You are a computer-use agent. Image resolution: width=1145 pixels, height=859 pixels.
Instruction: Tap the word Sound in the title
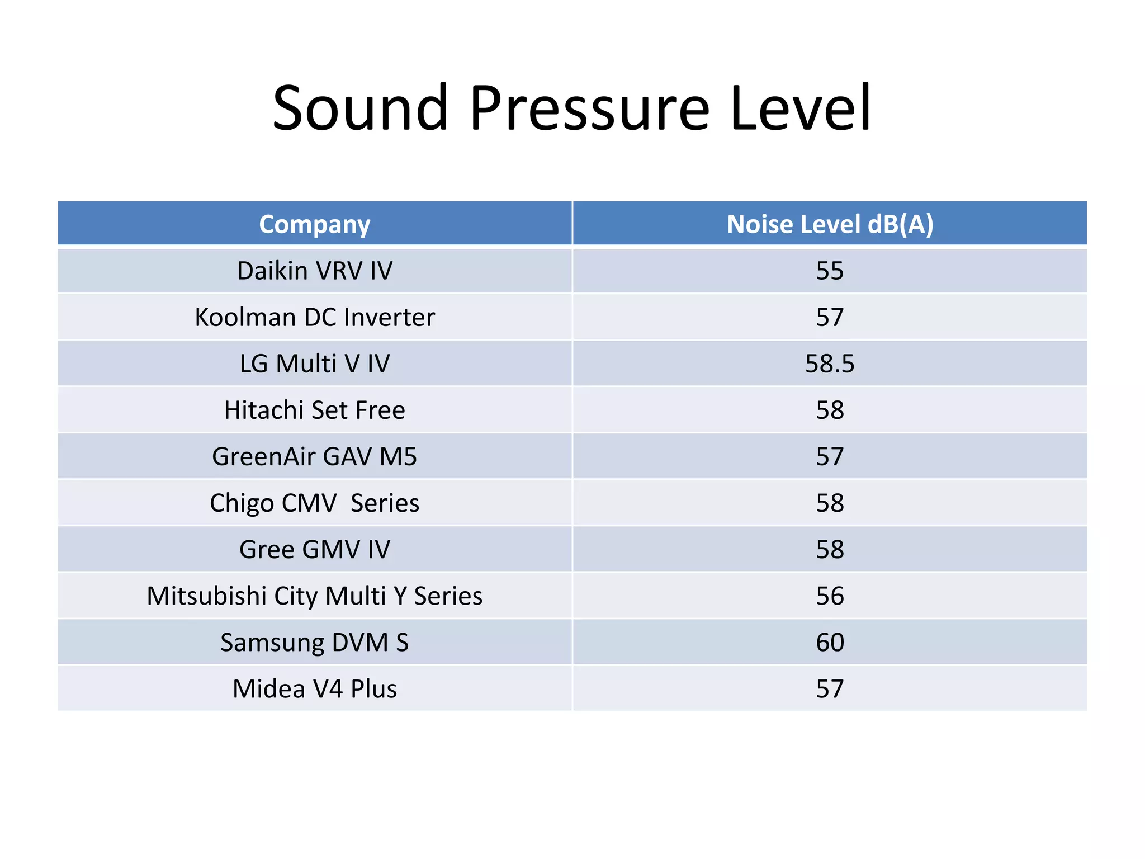point(361,108)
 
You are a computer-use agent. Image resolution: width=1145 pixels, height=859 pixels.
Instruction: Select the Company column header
point(315,224)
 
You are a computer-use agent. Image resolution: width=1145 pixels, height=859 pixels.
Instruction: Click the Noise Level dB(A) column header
point(830,224)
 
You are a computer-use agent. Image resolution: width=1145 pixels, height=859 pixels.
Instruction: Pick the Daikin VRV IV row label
point(315,271)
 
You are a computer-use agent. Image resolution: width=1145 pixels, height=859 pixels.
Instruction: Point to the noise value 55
point(830,271)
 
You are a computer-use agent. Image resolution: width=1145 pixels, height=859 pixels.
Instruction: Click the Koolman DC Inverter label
point(315,317)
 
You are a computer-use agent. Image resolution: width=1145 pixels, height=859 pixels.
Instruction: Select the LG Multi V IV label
point(315,364)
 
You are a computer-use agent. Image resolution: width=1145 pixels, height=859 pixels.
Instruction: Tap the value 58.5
point(830,364)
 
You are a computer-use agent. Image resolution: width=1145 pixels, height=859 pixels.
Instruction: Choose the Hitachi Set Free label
point(315,410)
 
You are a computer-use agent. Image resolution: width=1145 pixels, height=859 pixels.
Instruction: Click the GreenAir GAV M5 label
point(315,456)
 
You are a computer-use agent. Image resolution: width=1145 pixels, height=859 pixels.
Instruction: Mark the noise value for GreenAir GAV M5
point(830,456)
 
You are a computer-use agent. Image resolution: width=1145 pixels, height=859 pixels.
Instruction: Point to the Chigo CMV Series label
point(315,503)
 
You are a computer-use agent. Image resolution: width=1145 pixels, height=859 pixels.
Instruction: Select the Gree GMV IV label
point(315,549)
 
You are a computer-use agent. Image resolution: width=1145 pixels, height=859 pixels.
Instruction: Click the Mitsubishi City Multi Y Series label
point(315,596)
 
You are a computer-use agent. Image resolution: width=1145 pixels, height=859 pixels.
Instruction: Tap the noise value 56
point(830,596)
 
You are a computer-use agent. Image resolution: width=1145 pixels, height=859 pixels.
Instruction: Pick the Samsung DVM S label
point(315,642)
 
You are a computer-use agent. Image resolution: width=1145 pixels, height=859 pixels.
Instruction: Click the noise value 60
point(830,642)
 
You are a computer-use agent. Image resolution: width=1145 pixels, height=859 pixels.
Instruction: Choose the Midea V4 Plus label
point(315,688)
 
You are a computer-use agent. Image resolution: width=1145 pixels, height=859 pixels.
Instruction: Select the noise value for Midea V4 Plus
point(830,688)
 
